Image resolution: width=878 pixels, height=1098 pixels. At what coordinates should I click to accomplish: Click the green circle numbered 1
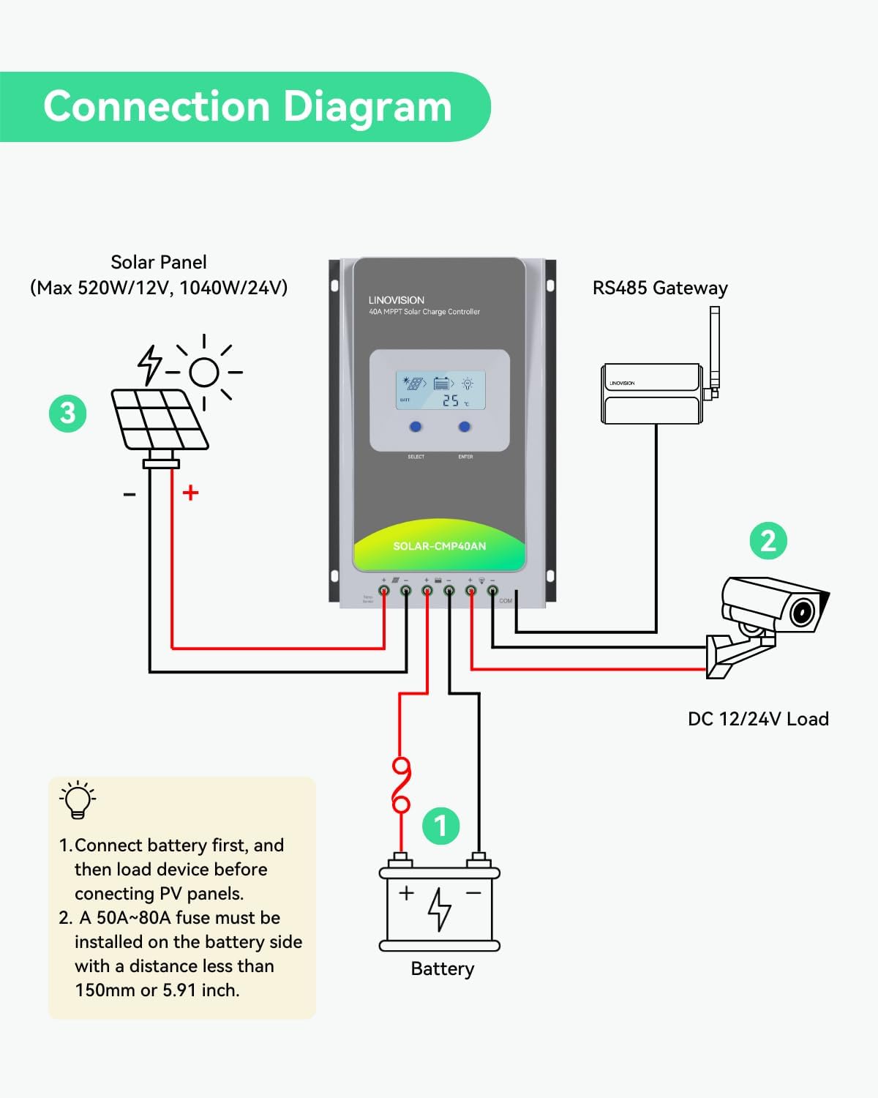[440, 826]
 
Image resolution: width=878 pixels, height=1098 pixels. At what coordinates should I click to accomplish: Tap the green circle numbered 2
[768, 541]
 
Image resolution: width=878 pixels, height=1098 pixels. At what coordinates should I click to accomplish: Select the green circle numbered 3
[67, 414]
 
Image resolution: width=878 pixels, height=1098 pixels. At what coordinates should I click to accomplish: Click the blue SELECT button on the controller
[416, 427]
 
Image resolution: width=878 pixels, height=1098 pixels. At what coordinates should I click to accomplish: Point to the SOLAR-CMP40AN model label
[439, 546]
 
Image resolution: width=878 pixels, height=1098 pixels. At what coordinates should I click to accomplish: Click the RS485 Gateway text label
[659, 288]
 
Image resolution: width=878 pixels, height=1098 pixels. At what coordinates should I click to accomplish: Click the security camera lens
[803, 611]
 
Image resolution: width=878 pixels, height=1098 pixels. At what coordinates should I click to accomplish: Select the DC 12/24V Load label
[757, 719]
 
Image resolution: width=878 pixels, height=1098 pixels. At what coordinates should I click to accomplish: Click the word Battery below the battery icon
[442, 969]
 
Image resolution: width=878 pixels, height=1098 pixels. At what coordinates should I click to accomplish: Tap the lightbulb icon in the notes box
[78, 799]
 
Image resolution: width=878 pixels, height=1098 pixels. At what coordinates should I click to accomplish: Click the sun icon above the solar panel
[204, 372]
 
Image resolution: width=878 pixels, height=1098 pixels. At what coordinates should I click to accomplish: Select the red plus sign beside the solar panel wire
[191, 493]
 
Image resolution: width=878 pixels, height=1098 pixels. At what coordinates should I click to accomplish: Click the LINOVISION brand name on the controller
[396, 300]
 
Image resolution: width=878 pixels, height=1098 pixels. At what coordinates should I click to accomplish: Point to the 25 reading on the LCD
[451, 401]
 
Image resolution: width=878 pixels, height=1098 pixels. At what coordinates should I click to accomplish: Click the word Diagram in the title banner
[367, 107]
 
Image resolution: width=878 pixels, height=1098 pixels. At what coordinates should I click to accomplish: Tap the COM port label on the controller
[506, 601]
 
